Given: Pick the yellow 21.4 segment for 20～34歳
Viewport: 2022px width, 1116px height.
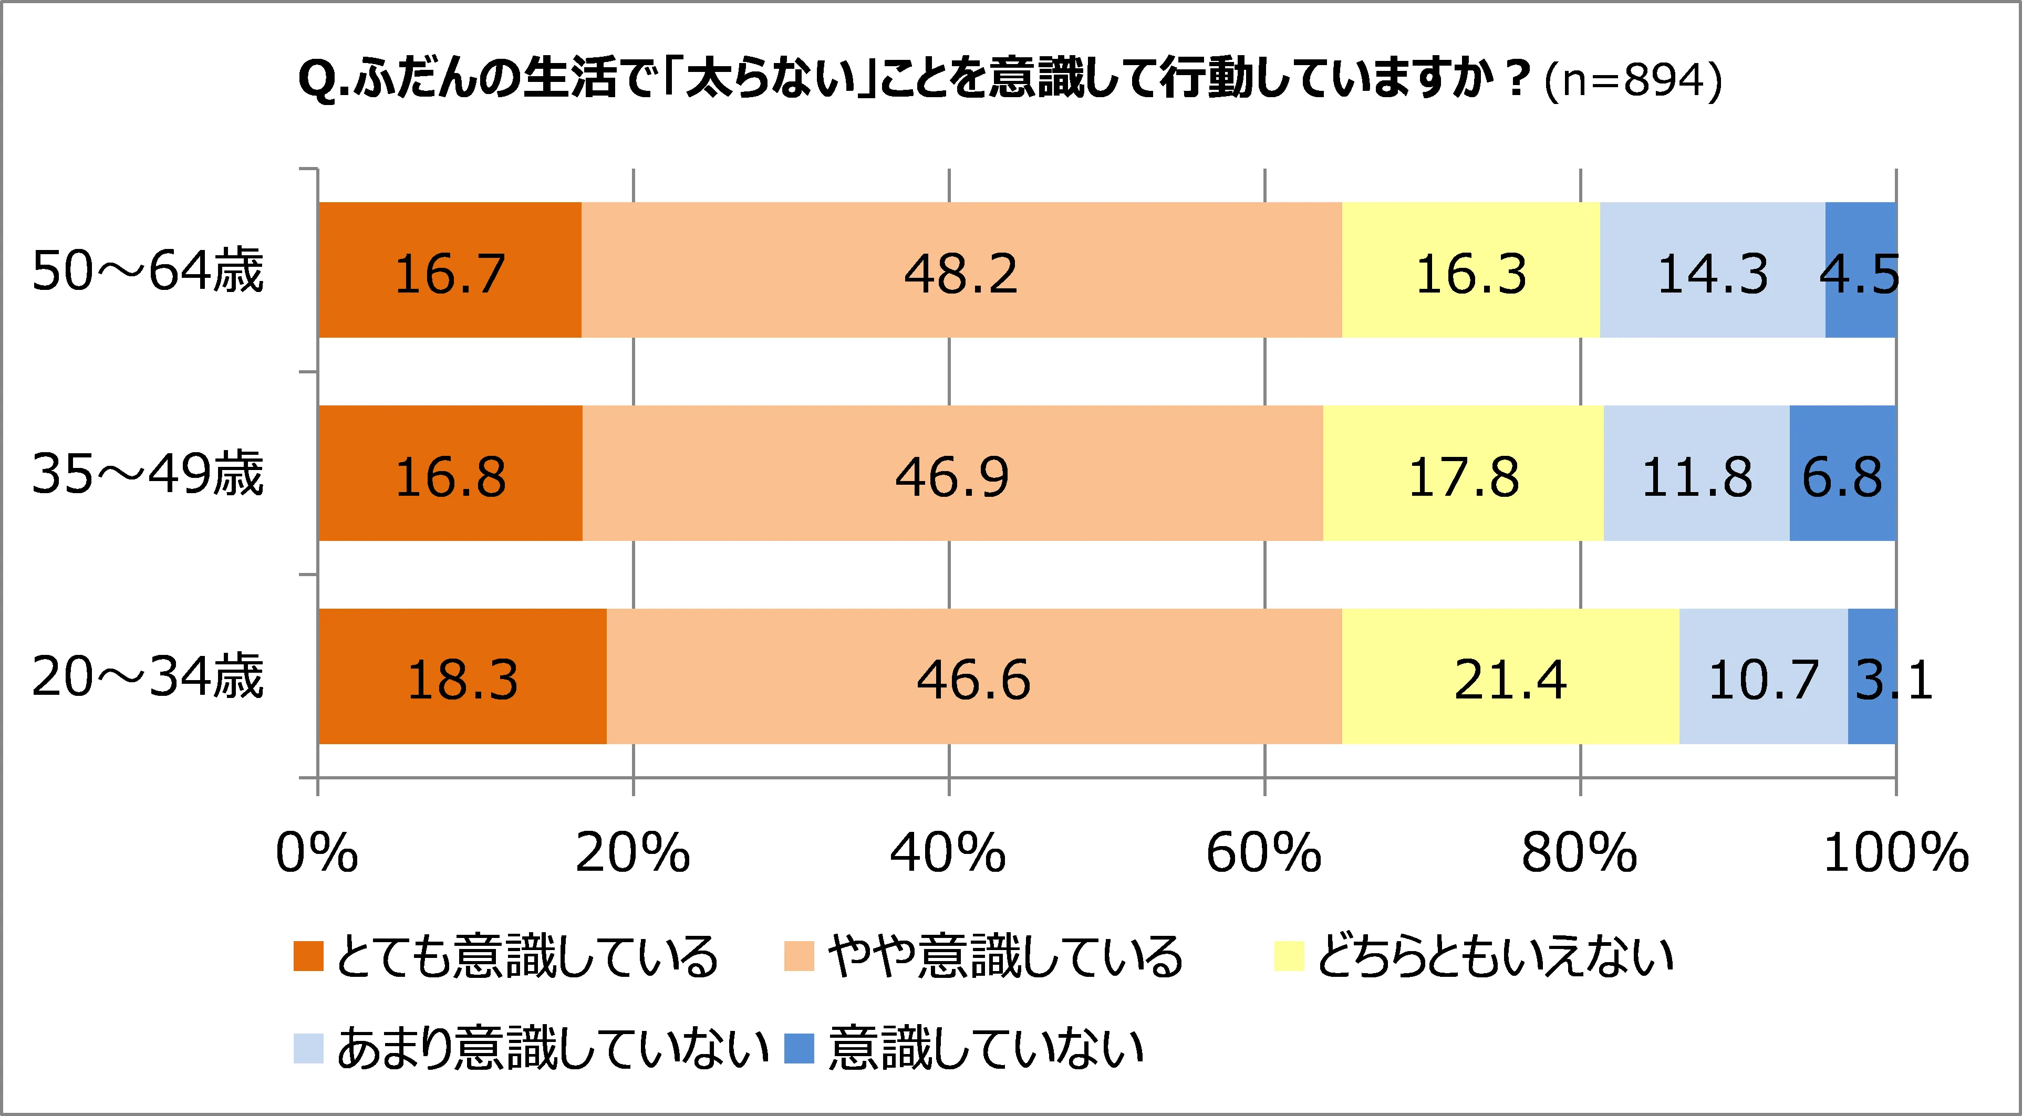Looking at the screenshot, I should click(1510, 676).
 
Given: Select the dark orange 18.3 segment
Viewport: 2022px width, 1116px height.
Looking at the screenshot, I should click(462, 676).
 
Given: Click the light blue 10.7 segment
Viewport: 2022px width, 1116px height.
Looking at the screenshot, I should click(1763, 676).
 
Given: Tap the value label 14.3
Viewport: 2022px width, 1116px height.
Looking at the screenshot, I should click(1712, 274).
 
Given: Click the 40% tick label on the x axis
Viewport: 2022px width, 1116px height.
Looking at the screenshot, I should click(948, 853).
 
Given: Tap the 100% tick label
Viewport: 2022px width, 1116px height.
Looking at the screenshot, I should click(1895, 853).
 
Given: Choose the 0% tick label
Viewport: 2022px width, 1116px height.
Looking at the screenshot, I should click(317, 853).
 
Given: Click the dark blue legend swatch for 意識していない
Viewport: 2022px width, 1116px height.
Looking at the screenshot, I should click(799, 1048).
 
